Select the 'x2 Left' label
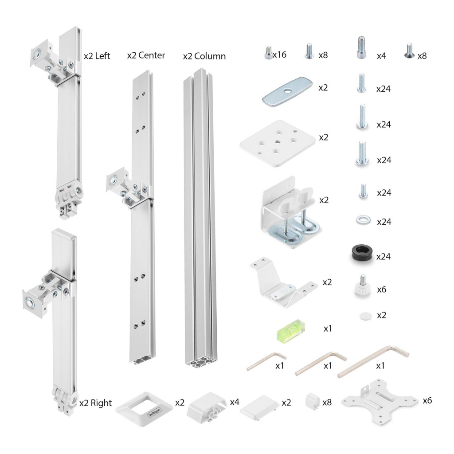97,56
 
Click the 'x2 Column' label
204,56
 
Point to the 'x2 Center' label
146,55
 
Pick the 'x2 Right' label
95,403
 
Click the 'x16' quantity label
279,55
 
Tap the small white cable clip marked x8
313,401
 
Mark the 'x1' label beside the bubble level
328,329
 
